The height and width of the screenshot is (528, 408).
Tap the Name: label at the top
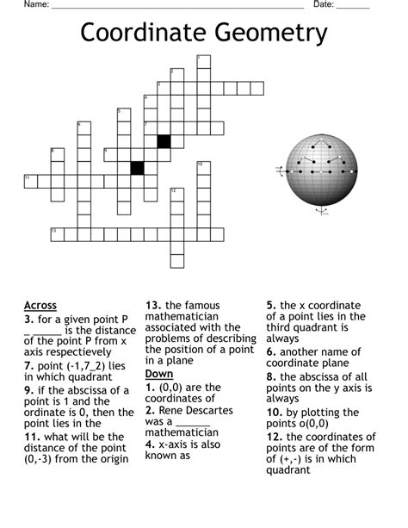click(36, 4)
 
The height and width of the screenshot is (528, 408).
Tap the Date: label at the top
click(324, 4)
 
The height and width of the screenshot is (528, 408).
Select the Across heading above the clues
click(40, 305)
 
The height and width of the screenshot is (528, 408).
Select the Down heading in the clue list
click(159, 374)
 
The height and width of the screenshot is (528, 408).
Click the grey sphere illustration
click(319, 171)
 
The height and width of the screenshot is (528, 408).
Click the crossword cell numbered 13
click(57, 234)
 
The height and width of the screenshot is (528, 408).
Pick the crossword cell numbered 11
click(30, 181)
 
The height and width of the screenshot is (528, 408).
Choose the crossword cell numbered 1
click(203, 61)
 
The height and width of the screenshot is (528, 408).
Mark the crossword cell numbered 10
click(203, 168)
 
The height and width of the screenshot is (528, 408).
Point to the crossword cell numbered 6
click(83, 128)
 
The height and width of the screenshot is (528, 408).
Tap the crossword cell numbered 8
click(57, 154)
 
